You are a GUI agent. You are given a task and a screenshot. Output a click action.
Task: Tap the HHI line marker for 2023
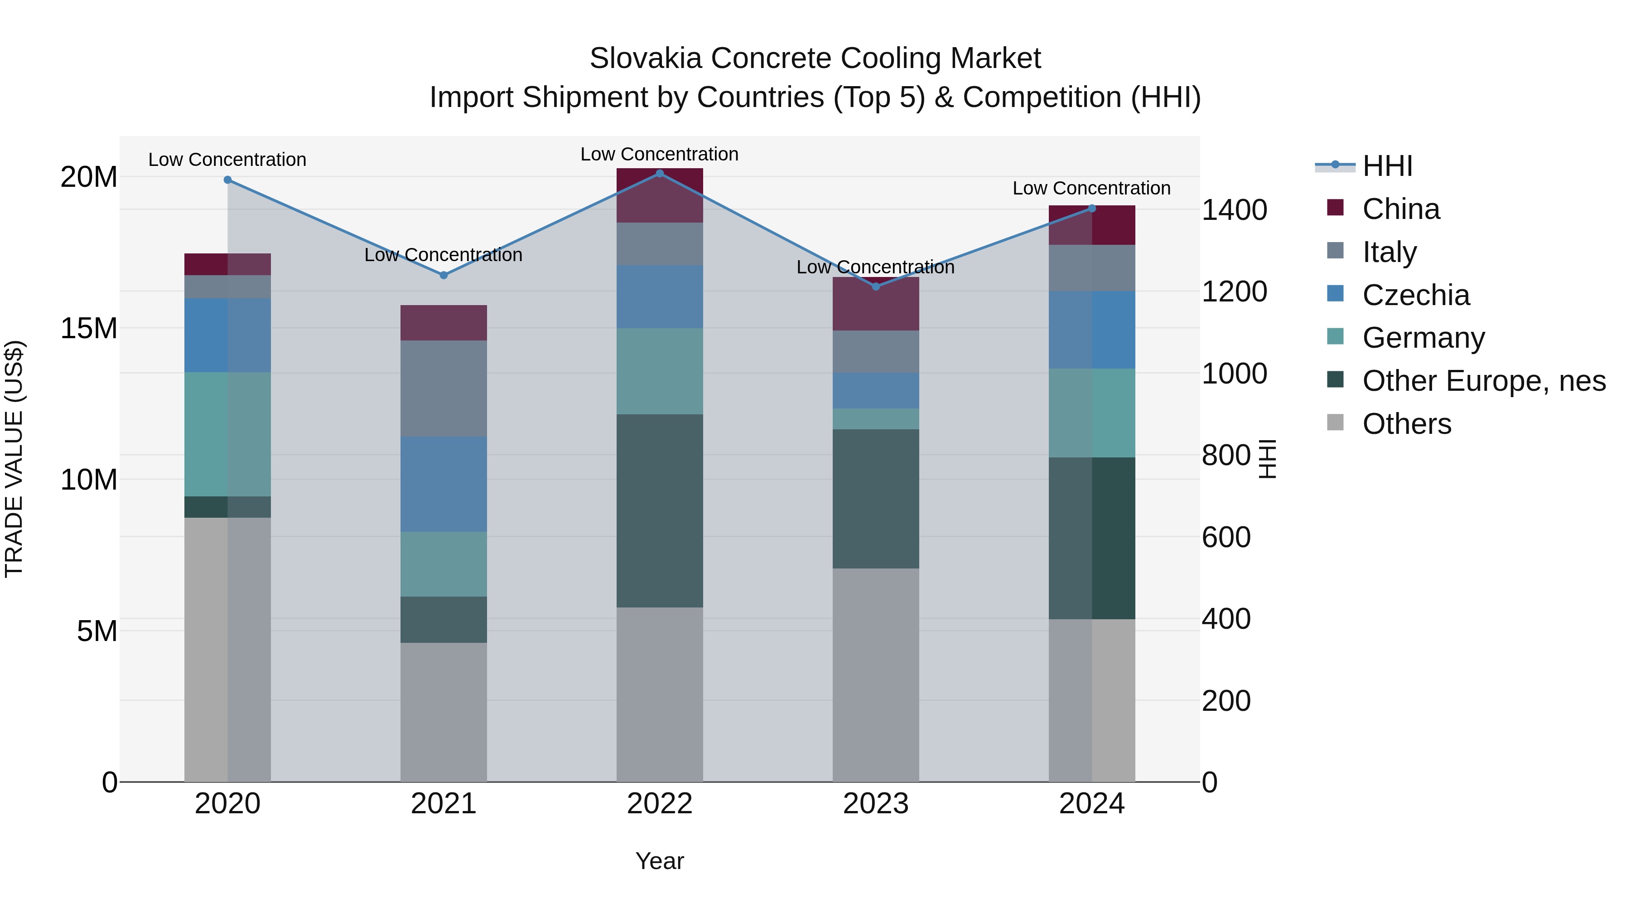876,287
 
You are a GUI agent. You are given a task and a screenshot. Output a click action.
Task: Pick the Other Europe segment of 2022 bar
659,510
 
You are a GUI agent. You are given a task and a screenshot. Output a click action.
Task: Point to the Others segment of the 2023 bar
876,675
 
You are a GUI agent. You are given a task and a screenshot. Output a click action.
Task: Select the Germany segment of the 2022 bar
659,371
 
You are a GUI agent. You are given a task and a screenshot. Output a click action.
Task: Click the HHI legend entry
1387,166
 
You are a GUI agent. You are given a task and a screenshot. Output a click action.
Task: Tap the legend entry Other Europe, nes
1483,381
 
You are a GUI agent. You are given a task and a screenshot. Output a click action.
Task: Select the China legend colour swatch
1335,208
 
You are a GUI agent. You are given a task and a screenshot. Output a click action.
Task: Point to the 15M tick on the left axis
89,328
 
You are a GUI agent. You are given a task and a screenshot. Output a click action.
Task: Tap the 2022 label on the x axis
659,804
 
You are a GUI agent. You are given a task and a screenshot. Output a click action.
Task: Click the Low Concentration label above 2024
1091,188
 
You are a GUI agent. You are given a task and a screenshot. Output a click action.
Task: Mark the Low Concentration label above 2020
227,160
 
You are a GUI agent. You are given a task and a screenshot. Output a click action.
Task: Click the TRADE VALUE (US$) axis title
14,459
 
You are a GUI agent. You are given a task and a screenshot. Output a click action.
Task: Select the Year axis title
659,861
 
